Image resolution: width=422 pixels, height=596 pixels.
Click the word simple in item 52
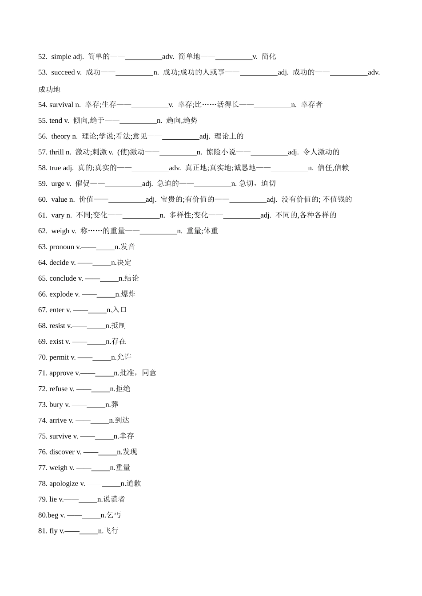pos(61,56)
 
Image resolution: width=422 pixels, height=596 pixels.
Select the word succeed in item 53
pos(63,72)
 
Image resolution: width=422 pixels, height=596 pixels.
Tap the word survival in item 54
pos(61,105)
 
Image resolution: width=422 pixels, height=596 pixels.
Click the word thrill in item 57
pos(56,152)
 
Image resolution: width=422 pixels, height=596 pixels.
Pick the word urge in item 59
pos(58,184)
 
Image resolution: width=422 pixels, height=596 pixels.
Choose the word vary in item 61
pos(58,215)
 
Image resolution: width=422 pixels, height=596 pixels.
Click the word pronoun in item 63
pos(62,247)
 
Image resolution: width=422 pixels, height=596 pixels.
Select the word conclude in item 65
pos(63,278)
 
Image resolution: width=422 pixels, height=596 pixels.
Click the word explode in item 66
pos(61,294)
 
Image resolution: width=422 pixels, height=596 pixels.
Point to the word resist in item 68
pos(57,326)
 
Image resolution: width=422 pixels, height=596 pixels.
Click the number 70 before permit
pos(42,357)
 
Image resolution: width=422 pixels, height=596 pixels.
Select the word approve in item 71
pos(61,373)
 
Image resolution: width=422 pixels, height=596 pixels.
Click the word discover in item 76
pos(62,452)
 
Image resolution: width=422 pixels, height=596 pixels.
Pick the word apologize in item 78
pos(64,483)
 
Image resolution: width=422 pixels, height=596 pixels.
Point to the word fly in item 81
pos(53,531)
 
